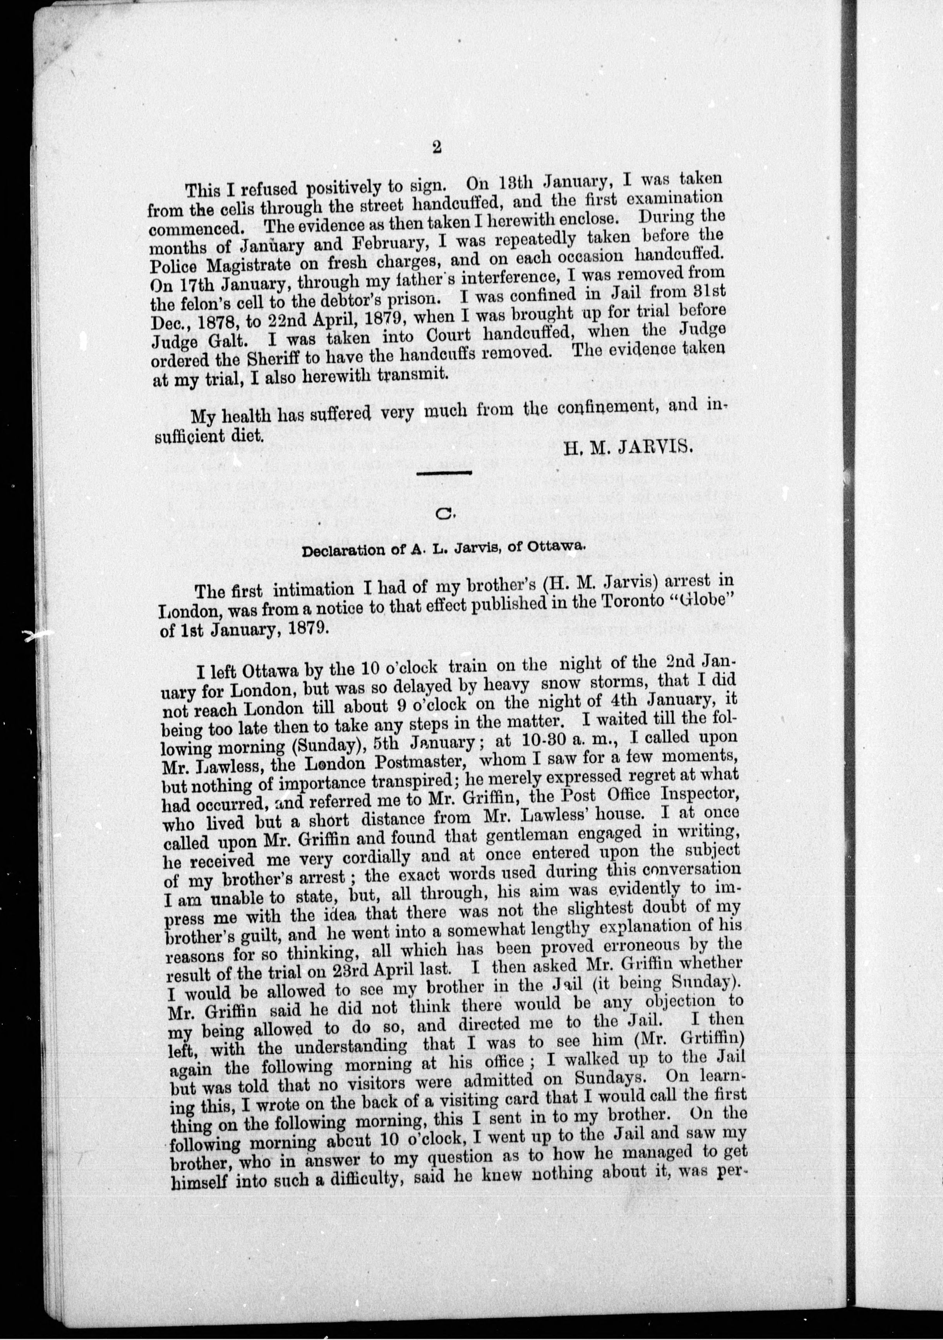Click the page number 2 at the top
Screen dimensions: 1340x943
pos(436,148)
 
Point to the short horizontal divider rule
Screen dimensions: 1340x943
pos(446,472)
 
